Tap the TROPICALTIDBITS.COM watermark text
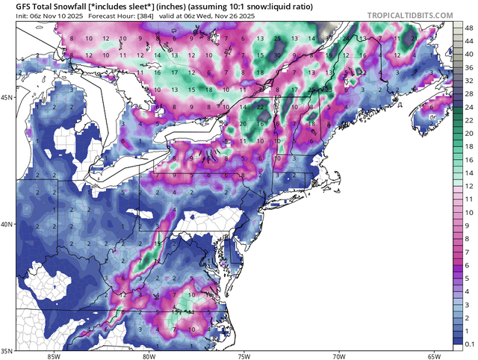[415, 15]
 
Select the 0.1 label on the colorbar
[468, 345]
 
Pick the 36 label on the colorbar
[468, 66]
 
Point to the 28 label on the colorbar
[468, 93]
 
